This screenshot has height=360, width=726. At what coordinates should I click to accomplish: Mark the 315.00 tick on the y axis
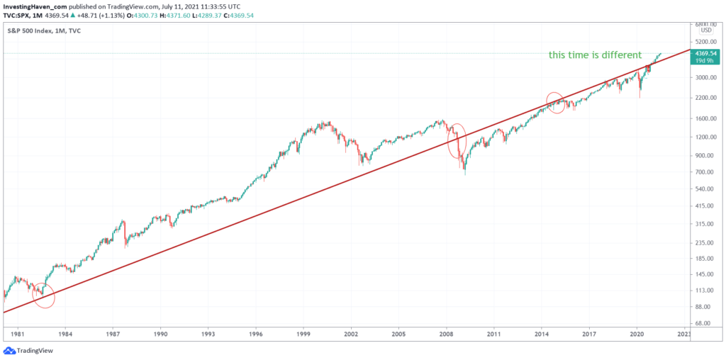(705, 224)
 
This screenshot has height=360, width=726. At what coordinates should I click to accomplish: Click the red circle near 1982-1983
(44, 294)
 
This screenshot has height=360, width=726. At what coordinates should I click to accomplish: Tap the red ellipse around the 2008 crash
(457, 141)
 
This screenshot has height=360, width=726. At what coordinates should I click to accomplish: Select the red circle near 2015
(554, 103)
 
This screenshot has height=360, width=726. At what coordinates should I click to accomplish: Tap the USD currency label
(705, 30)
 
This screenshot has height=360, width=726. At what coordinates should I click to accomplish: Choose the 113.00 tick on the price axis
(705, 290)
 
